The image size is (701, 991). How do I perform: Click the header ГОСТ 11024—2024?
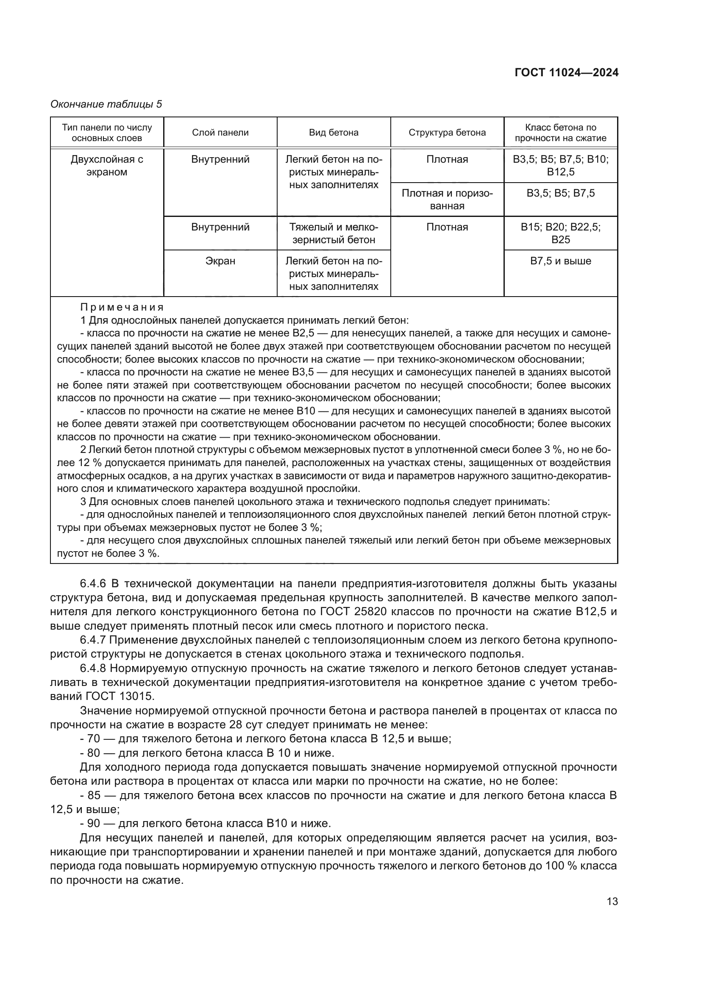click(x=566, y=73)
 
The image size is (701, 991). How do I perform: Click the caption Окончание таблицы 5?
click(x=106, y=104)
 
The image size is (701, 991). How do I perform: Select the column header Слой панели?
click(x=220, y=133)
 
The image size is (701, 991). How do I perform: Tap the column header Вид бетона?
click(x=334, y=133)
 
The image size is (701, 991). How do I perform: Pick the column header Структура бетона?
click(x=447, y=133)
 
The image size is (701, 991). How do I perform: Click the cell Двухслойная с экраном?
click(x=107, y=166)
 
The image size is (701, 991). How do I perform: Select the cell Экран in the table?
click(x=220, y=261)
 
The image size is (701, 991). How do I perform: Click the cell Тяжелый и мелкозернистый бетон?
click(x=334, y=233)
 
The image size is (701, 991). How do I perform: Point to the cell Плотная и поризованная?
click(x=447, y=200)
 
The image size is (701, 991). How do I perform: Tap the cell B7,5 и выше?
click(x=561, y=261)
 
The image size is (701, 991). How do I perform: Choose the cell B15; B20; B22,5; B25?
click(x=561, y=233)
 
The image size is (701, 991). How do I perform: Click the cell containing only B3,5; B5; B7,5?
click(x=561, y=193)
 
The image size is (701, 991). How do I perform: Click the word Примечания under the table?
click(x=122, y=307)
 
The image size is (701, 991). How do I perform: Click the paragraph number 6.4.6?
click(x=93, y=584)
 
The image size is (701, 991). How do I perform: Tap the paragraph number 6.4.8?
click(x=93, y=668)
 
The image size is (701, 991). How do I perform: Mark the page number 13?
click(x=612, y=902)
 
